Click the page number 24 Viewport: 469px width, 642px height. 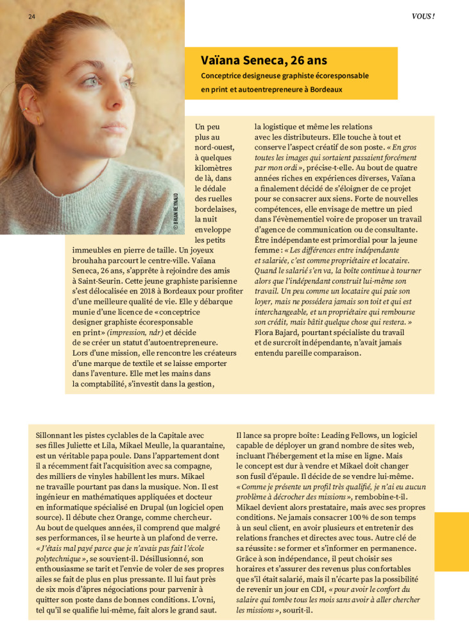pos(31,16)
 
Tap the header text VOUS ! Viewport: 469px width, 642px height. pos(423,16)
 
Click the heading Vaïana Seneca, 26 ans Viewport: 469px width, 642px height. pos(264,61)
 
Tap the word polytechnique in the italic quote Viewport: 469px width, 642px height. pos(60,560)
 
